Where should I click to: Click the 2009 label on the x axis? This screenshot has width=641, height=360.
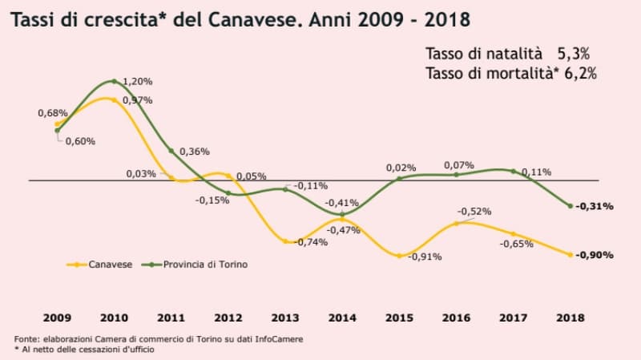[57, 318]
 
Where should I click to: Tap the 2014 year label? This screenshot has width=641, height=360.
[343, 318]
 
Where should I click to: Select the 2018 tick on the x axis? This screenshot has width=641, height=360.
[570, 318]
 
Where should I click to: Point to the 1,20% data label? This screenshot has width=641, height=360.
[137, 82]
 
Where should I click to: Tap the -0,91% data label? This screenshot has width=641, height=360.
[425, 257]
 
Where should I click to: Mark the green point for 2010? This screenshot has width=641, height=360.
[114, 81]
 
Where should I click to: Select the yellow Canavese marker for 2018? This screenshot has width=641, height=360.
[570, 255]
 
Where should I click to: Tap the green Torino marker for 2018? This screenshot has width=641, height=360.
[570, 206]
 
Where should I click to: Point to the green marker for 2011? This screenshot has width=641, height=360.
[171, 151]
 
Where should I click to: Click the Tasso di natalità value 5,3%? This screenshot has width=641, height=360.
[574, 55]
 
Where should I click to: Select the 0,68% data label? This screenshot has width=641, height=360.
[52, 113]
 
